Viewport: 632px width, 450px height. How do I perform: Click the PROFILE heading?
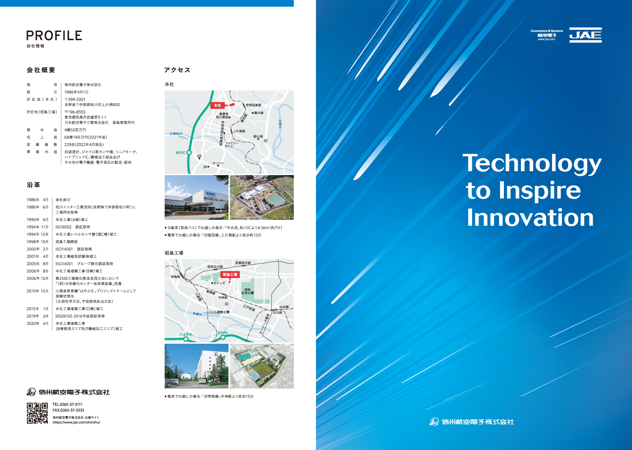[x=54, y=35]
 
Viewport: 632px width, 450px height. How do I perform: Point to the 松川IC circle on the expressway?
[x=189, y=152]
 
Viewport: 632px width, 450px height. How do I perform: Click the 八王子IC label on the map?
[x=186, y=334]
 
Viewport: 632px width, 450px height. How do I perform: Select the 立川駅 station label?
[x=277, y=313]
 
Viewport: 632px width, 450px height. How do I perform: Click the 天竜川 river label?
[x=280, y=124]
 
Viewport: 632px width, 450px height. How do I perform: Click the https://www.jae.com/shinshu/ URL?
[x=76, y=422]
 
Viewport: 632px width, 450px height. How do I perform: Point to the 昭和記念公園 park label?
[x=247, y=291]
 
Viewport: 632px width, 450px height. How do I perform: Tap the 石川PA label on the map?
[x=223, y=333]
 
